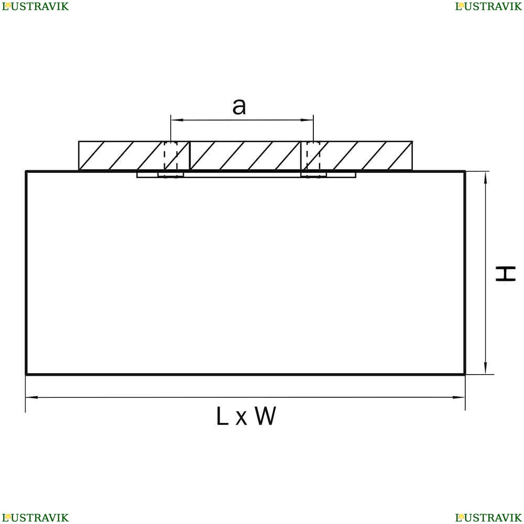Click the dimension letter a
coord(239,106)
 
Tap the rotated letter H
coord(505,274)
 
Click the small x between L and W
coord(241,418)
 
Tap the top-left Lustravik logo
coord(35,6)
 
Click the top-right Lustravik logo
coord(488,6)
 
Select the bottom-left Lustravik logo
coord(35,518)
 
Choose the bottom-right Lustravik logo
coord(488,518)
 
